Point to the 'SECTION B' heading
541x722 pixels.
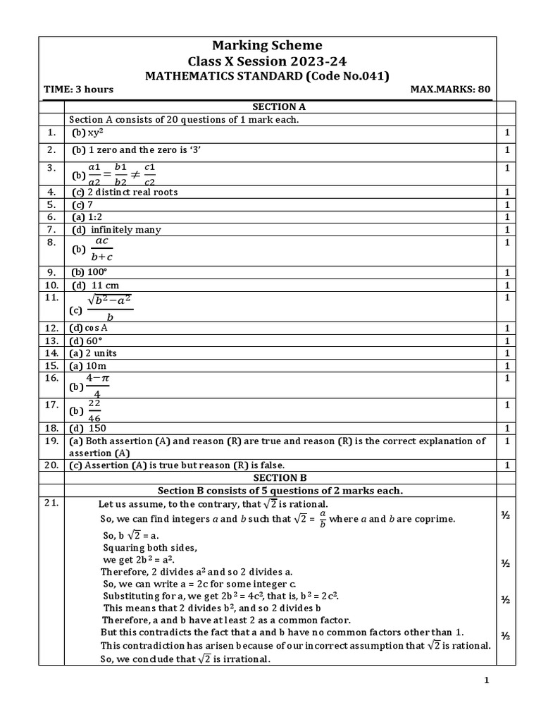click(280, 477)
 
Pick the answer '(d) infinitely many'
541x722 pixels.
click(116, 229)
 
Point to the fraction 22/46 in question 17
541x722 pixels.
click(94, 410)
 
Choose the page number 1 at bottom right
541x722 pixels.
click(486, 680)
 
